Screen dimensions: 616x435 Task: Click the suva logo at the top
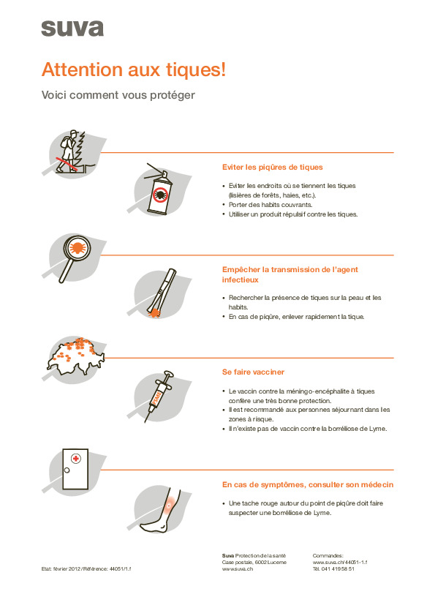pos(72,29)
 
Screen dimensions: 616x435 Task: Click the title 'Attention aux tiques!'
pos(133,70)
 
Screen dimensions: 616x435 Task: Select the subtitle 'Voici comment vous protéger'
pos(118,95)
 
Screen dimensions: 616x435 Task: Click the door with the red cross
pos(75,468)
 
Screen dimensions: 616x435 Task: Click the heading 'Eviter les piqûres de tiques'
pos(272,167)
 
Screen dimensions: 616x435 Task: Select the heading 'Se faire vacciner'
pos(253,372)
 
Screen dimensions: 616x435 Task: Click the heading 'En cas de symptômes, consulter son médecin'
pos(307,484)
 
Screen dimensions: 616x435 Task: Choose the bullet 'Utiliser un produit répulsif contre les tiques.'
pos(292,214)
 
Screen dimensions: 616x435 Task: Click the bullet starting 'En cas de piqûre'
pos(296,317)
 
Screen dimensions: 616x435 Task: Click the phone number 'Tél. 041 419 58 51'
pos(333,568)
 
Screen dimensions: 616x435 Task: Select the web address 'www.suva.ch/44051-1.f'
pos(339,562)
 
